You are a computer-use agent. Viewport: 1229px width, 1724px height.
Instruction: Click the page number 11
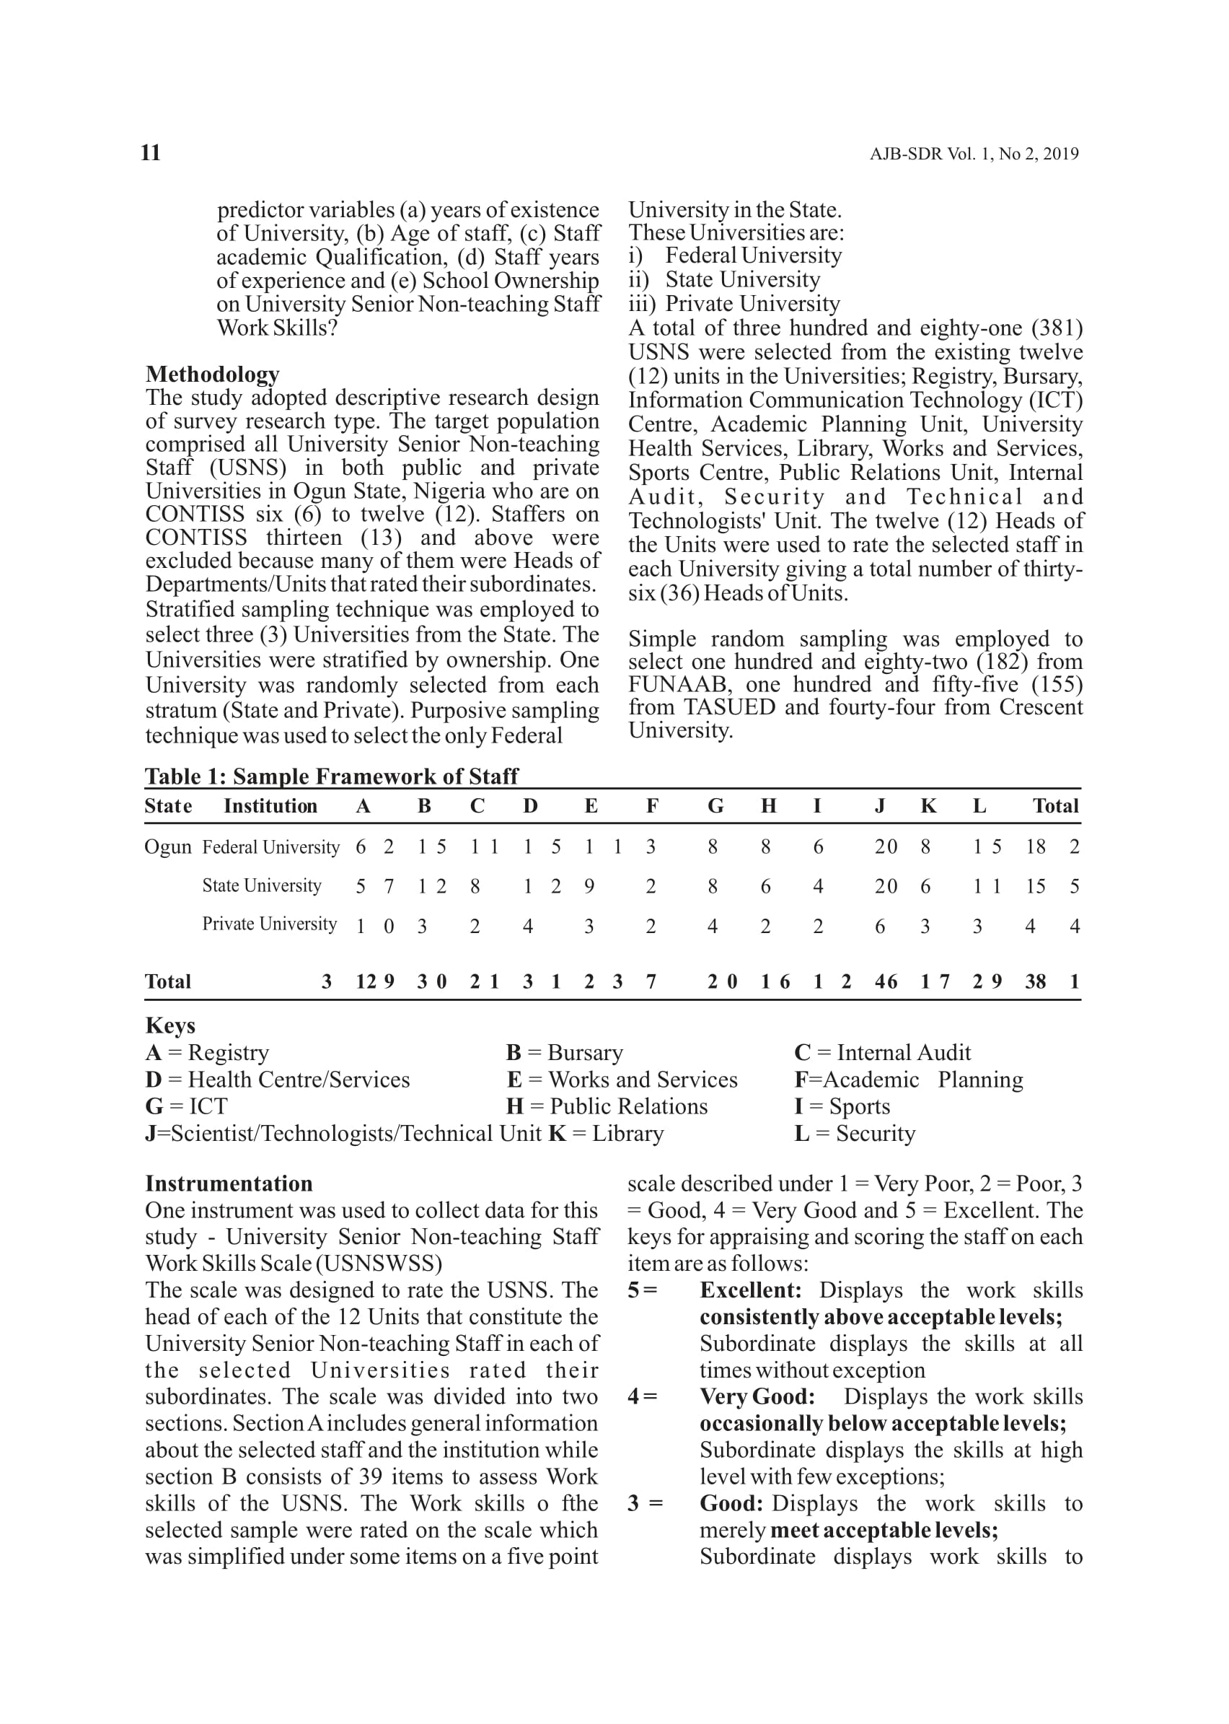click(x=151, y=153)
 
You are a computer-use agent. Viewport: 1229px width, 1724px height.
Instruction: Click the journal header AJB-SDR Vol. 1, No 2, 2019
click(x=973, y=154)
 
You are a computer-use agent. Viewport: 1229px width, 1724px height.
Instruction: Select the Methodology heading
click(x=213, y=374)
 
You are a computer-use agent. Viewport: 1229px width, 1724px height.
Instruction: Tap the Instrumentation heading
click(x=229, y=1183)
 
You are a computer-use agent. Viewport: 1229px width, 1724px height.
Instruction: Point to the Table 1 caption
click(x=332, y=776)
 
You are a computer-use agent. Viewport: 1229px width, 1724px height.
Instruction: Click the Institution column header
click(x=270, y=805)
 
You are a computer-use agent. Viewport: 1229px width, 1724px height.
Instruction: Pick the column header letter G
click(x=715, y=805)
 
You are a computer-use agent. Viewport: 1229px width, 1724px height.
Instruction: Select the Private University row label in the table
click(x=270, y=924)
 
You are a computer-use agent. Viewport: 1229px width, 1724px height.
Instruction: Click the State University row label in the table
click(x=262, y=885)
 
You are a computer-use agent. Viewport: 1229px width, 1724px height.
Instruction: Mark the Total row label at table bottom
click(x=168, y=982)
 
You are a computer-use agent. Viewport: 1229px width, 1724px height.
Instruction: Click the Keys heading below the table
click(x=170, y=1025)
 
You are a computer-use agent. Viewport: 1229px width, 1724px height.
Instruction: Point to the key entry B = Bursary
click(x=565, y=1052)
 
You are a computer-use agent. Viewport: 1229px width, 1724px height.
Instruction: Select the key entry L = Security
click(x=855, y=1134)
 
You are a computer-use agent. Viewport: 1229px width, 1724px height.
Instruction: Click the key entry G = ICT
click(x=186, y=1106)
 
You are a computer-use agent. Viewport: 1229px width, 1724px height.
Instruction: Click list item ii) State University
click(x=724, y=279)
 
